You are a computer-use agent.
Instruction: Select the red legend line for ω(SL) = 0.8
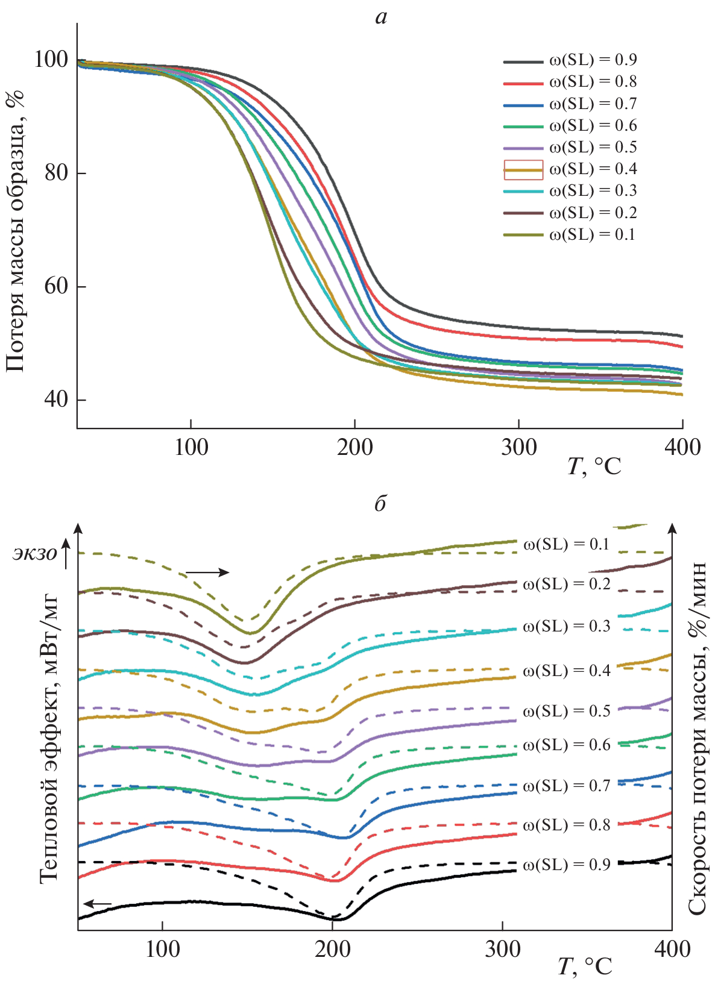(523, 83)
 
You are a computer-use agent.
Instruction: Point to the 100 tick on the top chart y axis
(51, 60)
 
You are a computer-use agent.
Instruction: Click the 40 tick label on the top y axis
(56, 400)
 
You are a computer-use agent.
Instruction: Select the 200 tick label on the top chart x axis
(354, 447)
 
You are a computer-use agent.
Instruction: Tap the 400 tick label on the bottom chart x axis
(672, 950)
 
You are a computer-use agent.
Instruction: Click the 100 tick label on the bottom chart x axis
(162, 950)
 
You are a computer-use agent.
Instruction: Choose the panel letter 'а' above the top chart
(380, 17)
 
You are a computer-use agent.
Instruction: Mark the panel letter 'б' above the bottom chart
(380, 503)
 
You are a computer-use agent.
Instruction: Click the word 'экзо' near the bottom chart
(35, 553)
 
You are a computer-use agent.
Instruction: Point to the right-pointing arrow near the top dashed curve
(207, 572)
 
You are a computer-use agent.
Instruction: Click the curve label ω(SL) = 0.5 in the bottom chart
(567, 711)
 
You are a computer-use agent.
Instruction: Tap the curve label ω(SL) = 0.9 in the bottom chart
(567, 865)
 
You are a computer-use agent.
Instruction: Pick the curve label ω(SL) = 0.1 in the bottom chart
(567, 544)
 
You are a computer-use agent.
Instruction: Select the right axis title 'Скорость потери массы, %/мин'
(698, 738)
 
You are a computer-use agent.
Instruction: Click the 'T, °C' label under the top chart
(594, 466)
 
